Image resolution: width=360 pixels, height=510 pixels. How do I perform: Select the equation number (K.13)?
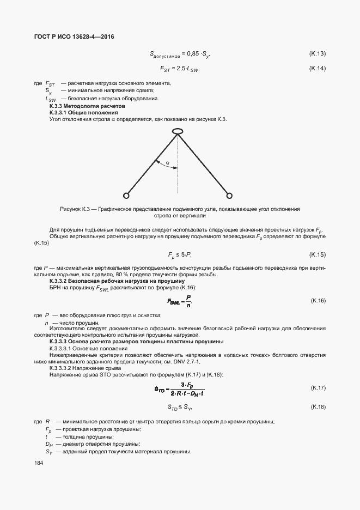(x=317, y=53)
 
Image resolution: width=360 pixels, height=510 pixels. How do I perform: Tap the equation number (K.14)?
(x=317, y=68)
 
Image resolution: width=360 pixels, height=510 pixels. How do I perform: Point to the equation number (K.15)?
(x=317, y=255)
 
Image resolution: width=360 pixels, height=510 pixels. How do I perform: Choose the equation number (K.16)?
(x=317, y=301)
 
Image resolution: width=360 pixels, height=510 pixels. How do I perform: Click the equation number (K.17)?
(x=317, y=387)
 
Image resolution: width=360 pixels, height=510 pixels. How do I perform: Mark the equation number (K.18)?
(x=317, y=407)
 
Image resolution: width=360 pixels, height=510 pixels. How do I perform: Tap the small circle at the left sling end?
(x=126, y=195)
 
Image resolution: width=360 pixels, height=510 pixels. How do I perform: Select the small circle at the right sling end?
(x=229, y=195)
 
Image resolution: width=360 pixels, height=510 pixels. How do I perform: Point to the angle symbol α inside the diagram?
(x=168, y=162)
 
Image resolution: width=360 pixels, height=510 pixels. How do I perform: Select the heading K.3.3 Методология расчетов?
(x=80, y=105)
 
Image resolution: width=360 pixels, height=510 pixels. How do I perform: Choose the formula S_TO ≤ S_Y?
(x=180, y=408)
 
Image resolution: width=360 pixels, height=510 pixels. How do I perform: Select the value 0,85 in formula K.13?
(x=193, y=54)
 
